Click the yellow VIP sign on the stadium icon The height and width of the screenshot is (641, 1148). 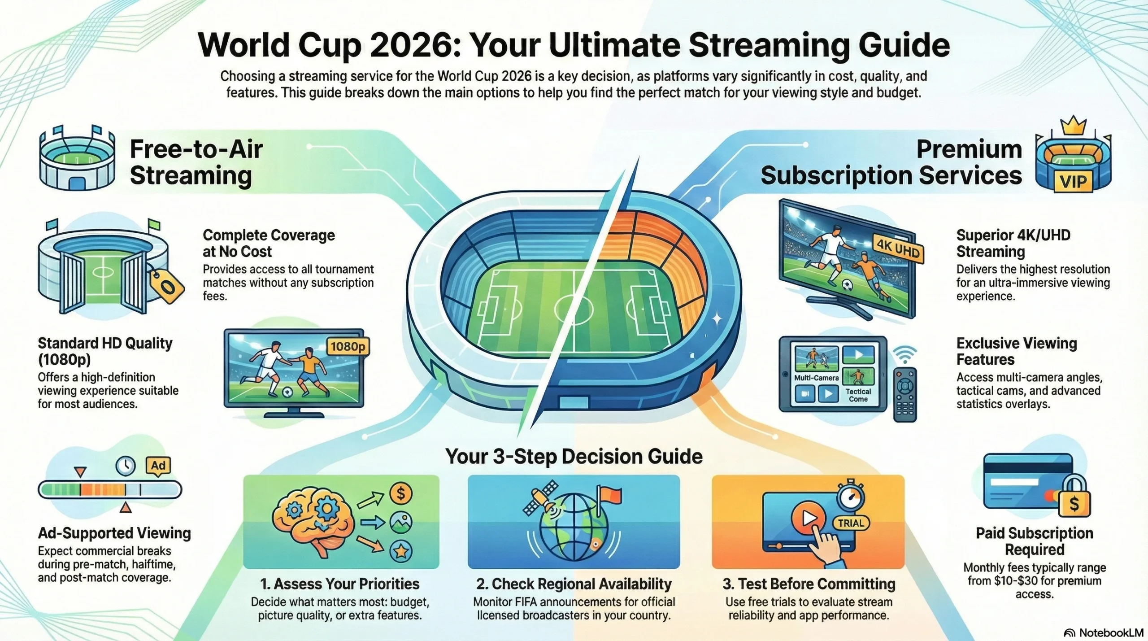pyautogui.click(x=1073, y=182)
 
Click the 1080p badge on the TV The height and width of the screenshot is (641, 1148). pyautogui.click(x=348, y=346)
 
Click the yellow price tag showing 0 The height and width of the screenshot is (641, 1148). pyautogui.click(x=167, y=286)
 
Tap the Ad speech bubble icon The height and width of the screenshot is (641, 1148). pyautogui.click(x=158, y=465)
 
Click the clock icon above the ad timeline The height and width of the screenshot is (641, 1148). pyautogui.click(x=126, y=466)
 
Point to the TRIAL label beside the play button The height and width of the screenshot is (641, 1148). pyautogui.click(x=851, y=523)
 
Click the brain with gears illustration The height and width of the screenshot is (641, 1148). pyautogui.click(x=314, y=520)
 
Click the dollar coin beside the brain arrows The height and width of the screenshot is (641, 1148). pyautogui.click(x=400, y=493)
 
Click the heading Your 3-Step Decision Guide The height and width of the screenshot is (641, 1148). pyautogui.click(x=574, y=457)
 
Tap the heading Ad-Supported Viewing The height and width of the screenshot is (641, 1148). pyautogui.click(x=114, y=533)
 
